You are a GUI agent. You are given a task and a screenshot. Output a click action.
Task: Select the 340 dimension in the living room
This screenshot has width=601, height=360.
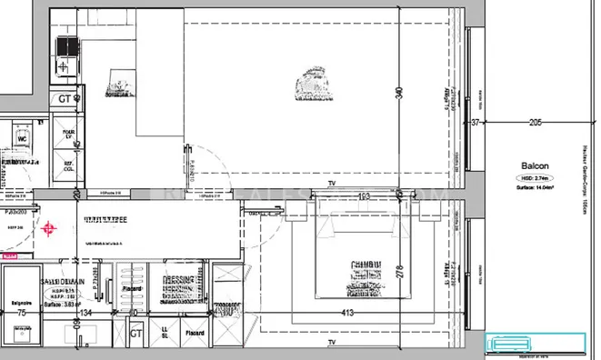pyautogui.click(x=398, y=92)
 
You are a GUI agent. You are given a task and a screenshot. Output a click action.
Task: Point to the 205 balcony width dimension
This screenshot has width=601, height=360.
pyautogui.click(x=535, y=122)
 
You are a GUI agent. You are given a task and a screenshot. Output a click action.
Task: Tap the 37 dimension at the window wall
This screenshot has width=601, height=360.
pyautogui.click(x=474, y=122)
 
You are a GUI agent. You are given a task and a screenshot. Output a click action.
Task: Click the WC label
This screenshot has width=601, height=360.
pyautogui.click(x=25, y=140)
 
